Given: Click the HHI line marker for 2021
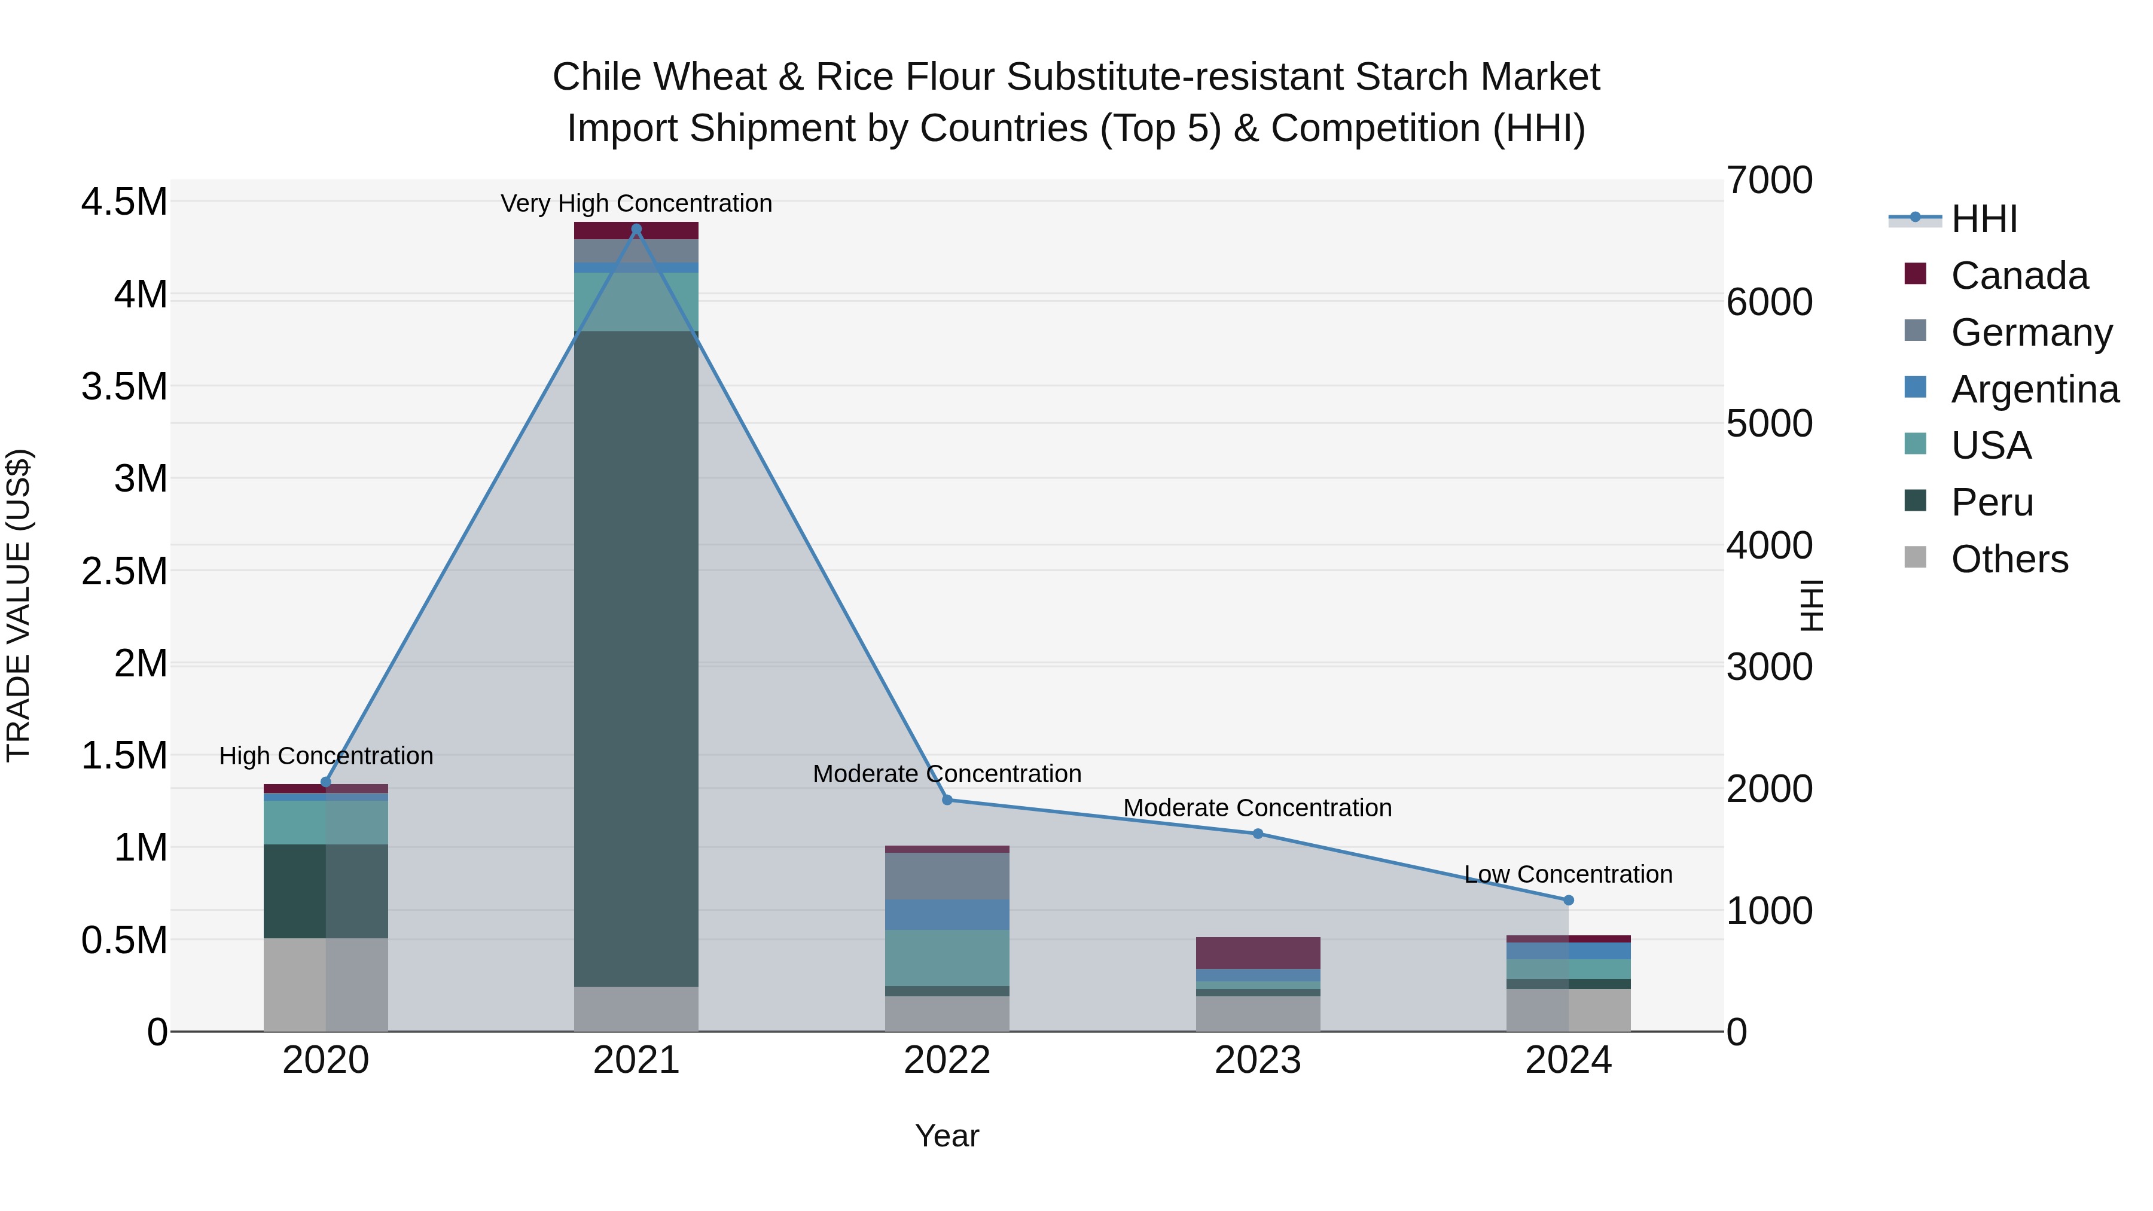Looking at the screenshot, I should [x=636, y=229].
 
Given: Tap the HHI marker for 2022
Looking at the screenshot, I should [x=947, y=800].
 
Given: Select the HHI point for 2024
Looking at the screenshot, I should [x=1568, y=900].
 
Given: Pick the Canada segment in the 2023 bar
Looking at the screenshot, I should [x=1258, y=953].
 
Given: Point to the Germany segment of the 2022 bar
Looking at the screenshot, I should [x=947, y=876].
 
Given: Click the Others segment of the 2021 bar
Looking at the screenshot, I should [x=636, y=1009].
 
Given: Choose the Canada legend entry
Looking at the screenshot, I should [x=2018, y=276].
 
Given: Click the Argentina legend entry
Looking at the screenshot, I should [x=2035, y=389].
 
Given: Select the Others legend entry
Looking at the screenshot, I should [x=2009, y=559].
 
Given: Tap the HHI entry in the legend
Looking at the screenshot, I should [x=1983, y=219].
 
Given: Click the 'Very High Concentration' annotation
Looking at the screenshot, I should [x=636, y=203].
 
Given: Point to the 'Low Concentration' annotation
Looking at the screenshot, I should [x=1568, y=874].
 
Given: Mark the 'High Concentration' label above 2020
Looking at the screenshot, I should [x=326, y=755].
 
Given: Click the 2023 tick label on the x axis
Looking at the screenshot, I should [x=1258, y=1060].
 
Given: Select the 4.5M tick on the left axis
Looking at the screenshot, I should [x=124, y=202].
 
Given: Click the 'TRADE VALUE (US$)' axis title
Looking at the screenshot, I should [x=19, y=605].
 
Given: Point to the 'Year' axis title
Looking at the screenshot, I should [x=947, y=1136].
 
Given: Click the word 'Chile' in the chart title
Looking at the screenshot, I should [x=599, y=77].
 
